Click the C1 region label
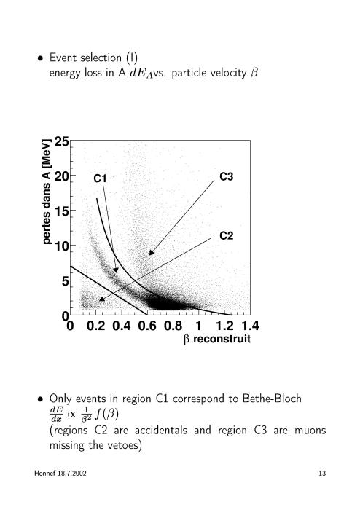(x=100, y=178)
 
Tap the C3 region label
(x=227, y=176)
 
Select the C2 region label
(x=227, y=235)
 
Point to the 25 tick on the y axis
(x=61, y=141)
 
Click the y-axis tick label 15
(x=61, y=211)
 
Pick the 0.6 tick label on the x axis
(x=147, y=326)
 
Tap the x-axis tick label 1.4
(x=250, y=326)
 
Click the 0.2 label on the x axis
(x=96, y=326)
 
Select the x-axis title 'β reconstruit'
(x=217, y=339)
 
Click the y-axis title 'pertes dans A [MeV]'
(x=47, y=192)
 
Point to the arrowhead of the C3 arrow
(x=151, y=253)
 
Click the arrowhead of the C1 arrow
(x=116, y=270)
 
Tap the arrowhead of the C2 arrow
(x=101, y=299)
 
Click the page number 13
(x=322, y=474)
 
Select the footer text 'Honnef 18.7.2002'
(x=60, y=474)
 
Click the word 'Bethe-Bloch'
(x=272, y=399)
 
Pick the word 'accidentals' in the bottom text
(x=161, y=431)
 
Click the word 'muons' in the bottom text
(x=310, y=431)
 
